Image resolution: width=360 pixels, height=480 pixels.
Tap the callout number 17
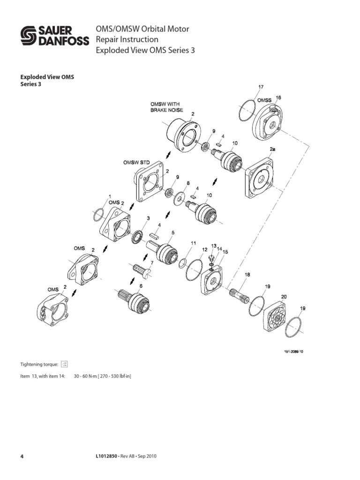pos(261,87)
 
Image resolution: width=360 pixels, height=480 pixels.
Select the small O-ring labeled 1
pos(98,215)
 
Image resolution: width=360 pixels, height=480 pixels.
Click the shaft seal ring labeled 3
pos(137,236)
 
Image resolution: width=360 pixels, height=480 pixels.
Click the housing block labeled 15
pos(214,280)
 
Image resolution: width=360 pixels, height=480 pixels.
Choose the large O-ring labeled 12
pos(193,270)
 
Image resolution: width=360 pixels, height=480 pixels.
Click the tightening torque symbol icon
pos(65,363)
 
